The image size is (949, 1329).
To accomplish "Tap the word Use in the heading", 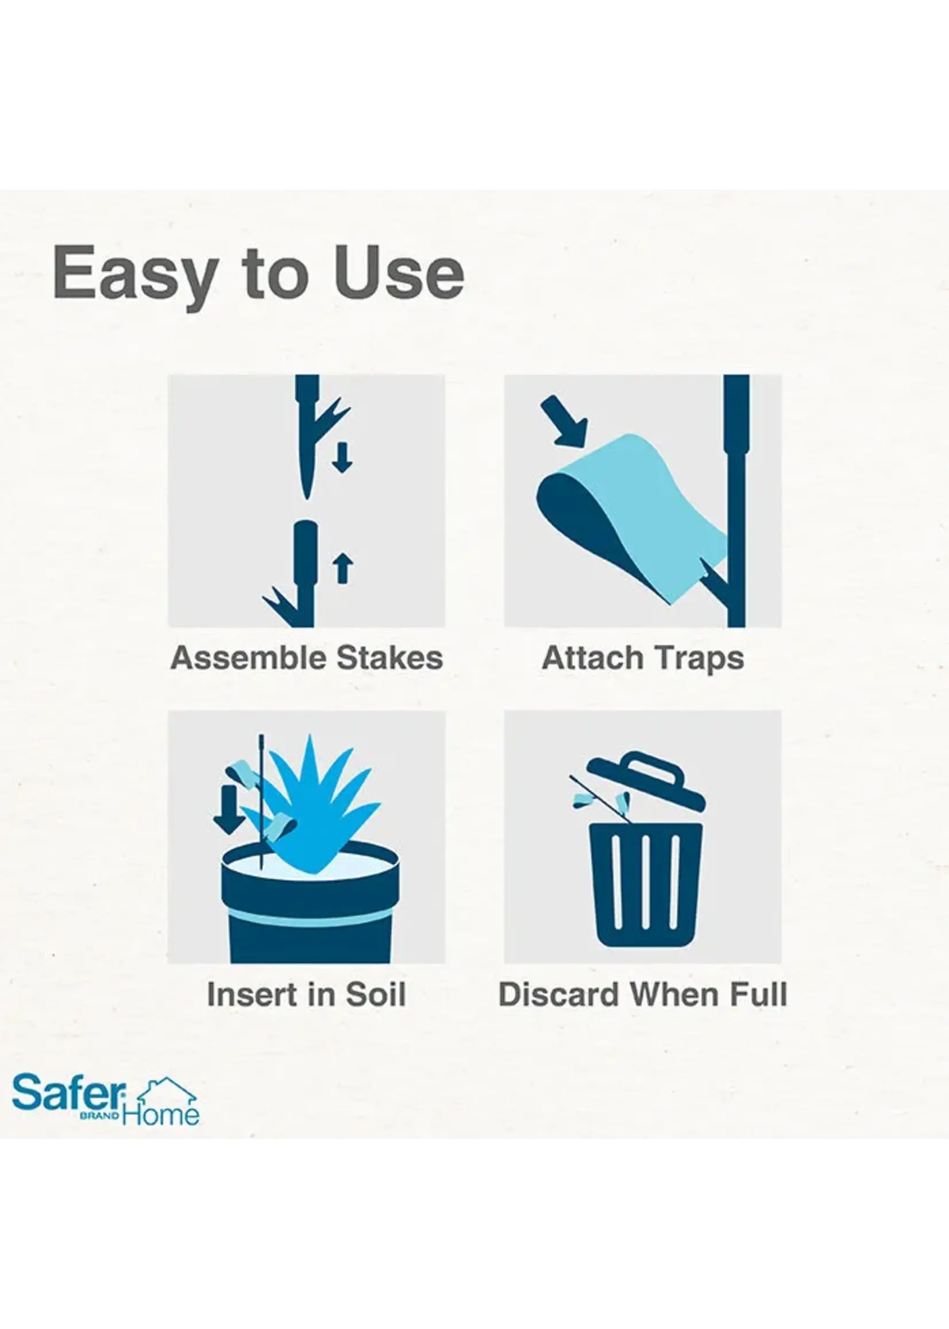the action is pyautogui.click(x=399, y=272).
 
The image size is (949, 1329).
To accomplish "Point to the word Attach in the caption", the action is pyautogui.click(x=592, y=658).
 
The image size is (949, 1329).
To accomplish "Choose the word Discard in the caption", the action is pyautogui.click(x=558, y=995).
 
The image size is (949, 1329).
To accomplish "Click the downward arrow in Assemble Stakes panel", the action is pyautogui.click(x=342, y=457).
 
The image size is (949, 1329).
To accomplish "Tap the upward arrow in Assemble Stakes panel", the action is pyautogui.click(x=342, y=569).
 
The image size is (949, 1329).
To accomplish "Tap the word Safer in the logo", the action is pyautogui.click(x=69, y=1093).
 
